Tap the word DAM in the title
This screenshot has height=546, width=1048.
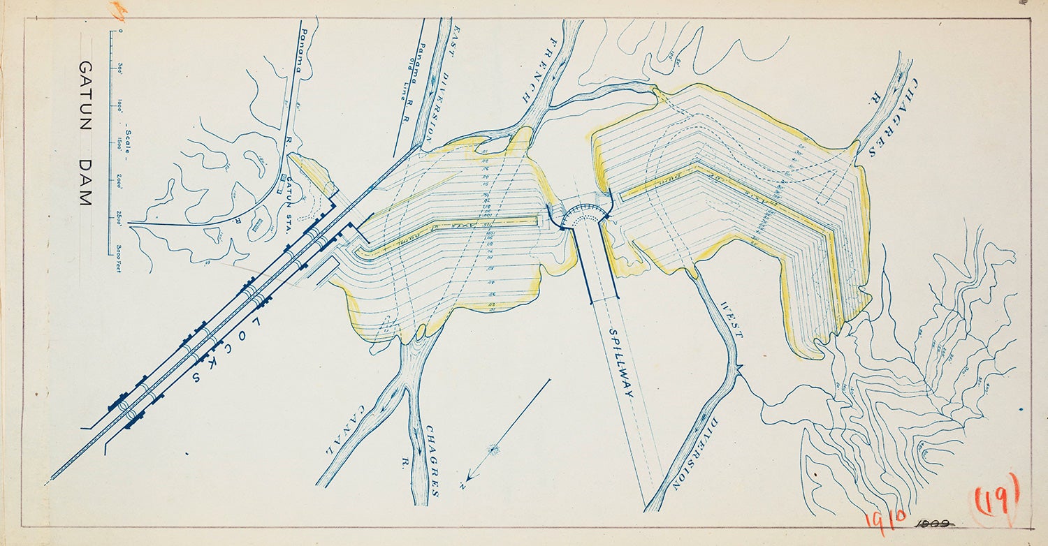85,183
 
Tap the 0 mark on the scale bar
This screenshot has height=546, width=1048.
119,31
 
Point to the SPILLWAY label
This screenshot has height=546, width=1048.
620,363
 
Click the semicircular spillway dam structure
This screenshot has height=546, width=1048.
581,215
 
